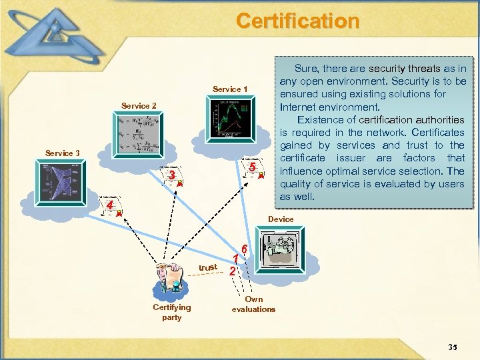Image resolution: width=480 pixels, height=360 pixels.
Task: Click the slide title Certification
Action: pos(297,21)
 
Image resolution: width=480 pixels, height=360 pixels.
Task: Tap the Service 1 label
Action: pos(230,89)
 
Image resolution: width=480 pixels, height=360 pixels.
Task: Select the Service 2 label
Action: pos(139,106)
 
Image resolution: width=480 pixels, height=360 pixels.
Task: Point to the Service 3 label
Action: pos(63,153)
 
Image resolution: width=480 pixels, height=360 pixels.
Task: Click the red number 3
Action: pos(172,175)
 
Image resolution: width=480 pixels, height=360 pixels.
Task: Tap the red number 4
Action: pos(110,206)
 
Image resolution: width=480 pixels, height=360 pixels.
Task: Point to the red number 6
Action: pos(245,248)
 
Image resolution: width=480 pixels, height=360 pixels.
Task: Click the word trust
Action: pos(208,267)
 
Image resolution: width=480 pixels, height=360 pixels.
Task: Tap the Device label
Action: pos(281,219)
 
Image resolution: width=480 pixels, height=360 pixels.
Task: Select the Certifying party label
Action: pos(171,312)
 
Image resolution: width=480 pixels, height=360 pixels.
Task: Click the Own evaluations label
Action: pos(253,304)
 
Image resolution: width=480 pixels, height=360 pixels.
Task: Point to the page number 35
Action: pos(453,347)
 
